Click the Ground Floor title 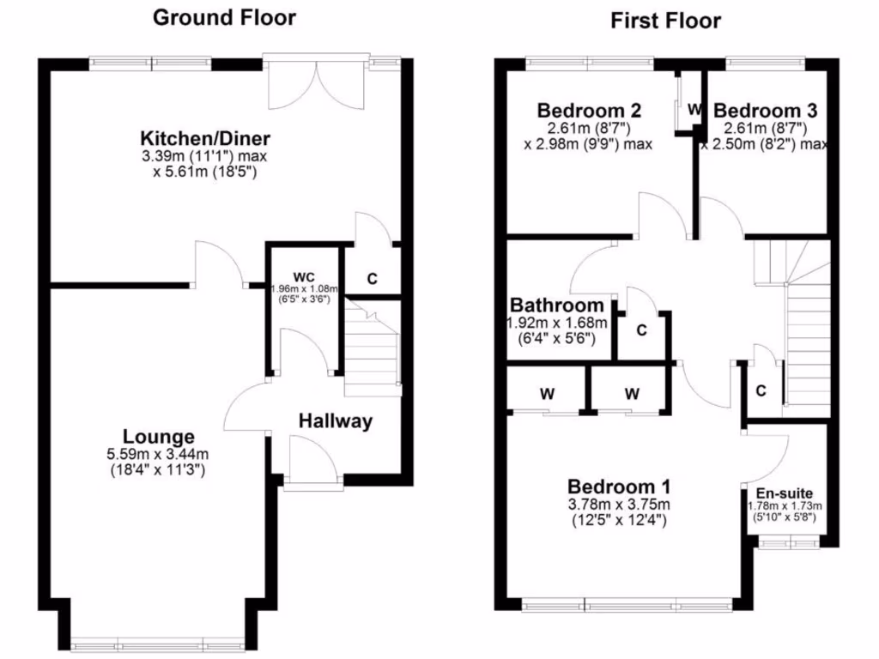224,17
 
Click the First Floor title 665,21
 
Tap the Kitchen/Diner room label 205,138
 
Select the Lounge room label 158,436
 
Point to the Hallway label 336,420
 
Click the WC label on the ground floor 304,276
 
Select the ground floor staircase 373,352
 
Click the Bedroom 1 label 619,485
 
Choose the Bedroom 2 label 589,110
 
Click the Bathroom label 557,305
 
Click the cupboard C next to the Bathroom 641,330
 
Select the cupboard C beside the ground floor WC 372,279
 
